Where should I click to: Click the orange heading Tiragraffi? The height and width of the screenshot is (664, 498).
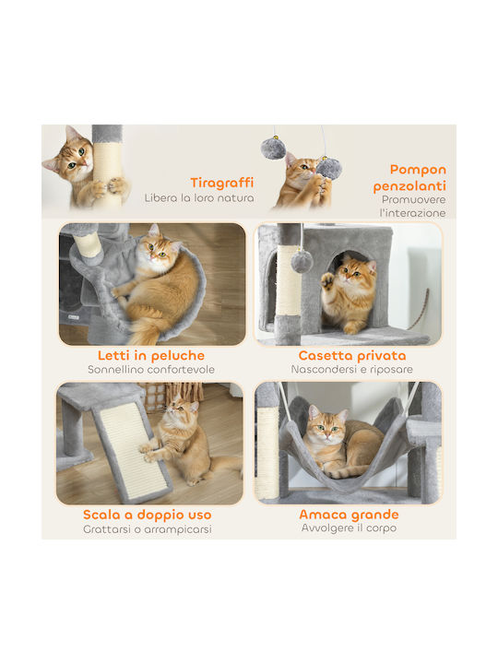222,183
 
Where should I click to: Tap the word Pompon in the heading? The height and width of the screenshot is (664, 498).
418,170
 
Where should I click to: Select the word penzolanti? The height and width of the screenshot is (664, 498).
409,186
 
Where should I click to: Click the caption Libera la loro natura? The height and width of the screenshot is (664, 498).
199,197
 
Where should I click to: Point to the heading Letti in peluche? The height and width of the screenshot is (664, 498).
151,355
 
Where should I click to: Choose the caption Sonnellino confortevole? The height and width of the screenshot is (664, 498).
151,369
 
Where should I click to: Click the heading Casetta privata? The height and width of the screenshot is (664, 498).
352,355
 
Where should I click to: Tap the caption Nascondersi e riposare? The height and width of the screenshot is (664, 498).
352,369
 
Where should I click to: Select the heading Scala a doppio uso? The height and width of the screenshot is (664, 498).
147,515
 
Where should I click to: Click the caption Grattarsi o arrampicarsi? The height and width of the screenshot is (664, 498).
148,529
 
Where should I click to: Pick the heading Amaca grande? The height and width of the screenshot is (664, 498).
349,515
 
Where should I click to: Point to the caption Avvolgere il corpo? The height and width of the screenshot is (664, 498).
349,528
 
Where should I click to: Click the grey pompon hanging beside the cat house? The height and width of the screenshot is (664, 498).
302,261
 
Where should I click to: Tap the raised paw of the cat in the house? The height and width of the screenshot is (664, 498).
327,281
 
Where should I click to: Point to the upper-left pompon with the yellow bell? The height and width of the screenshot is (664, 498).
273,148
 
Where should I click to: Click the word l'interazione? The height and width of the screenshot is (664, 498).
413,213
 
